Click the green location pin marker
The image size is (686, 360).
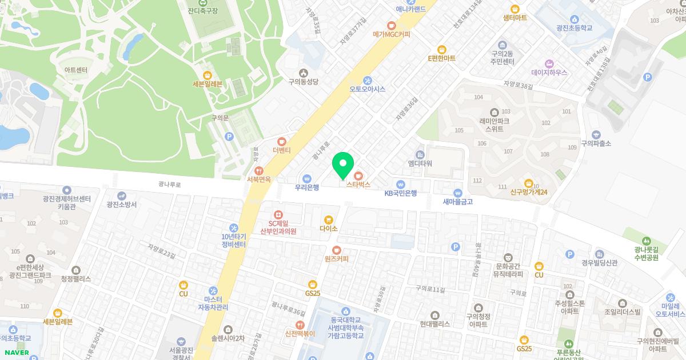pyautogui.click(x=343, y=165)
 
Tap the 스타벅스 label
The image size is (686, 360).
pyautogui.click(x=358, y=185)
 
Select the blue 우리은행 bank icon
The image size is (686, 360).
pyautogui.click(x=307, y=177)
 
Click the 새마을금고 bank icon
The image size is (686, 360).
pyautogui.click(x=457, y=193)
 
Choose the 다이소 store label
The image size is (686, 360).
pyautogui.click(x=329, y=229)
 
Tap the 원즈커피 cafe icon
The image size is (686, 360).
pyautogui.click(x=336, y=250)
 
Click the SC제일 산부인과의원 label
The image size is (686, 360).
pyautogui.click(x=278, y=227)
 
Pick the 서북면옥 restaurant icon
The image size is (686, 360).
pyautogui.click(x=258, y=170)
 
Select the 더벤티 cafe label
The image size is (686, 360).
pyautogui.click(x=282, y=150)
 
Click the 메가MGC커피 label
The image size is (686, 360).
pyautogui.click(x=392, y=34)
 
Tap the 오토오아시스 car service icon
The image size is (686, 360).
pyautogui.click(x=368, y=80)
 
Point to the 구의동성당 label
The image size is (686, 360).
pyautogui.click(x=303, y=82)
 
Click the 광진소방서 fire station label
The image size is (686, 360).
pyautogui.click(x=121, y=204)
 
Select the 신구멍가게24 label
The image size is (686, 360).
pyautogui.click(x=529, y=193)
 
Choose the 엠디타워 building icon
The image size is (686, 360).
pyautogui.click(x=420, y=155)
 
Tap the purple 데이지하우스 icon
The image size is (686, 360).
pyautogui.click(x=549, y=63)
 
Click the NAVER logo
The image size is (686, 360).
pyautogui.click(x=17, y=353)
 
